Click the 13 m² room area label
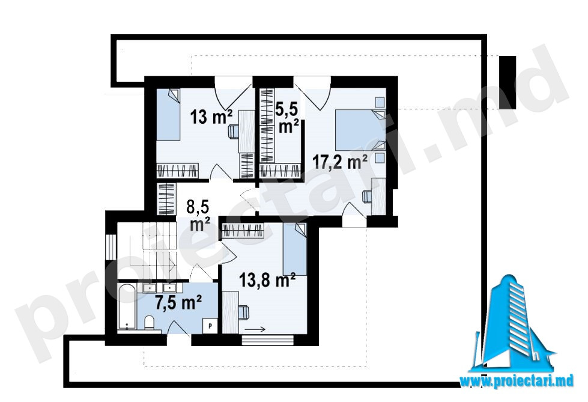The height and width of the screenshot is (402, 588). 211,117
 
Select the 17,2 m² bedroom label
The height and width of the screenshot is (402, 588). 340,162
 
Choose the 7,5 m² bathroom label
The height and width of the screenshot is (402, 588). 179,302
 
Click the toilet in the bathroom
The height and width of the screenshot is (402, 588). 149,323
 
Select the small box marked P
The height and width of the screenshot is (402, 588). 210,326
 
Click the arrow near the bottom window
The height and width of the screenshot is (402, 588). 255,329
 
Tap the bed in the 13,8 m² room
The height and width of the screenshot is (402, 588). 295,249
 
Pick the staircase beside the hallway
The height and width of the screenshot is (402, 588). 147,250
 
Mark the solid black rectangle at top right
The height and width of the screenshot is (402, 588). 508,82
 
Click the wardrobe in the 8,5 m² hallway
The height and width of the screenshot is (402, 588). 166,199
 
